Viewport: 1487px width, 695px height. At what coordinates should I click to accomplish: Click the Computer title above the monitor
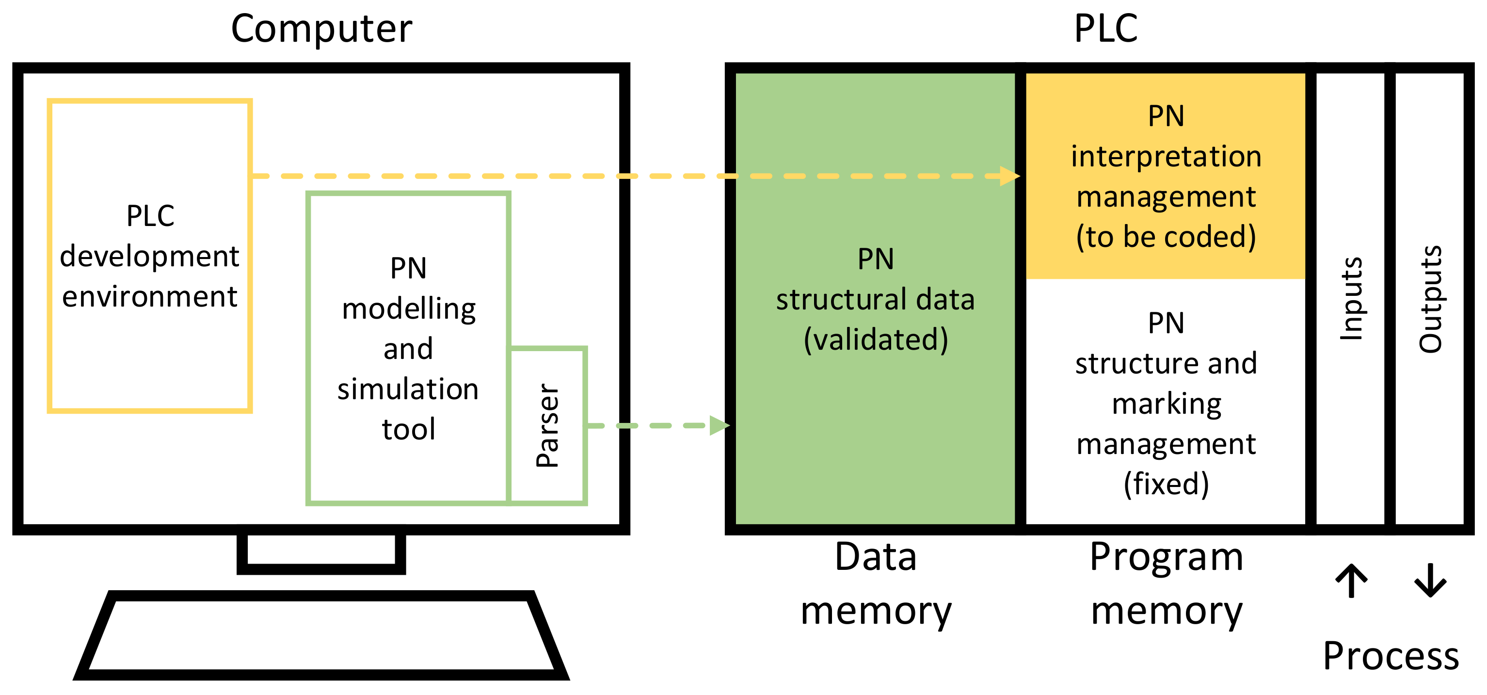pyautogui.click(x=321, y=29)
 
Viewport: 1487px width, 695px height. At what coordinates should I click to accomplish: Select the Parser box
pyautogui.click(x=547, y=425)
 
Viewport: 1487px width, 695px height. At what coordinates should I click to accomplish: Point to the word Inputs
pyautogui.click(x=1351, y=299)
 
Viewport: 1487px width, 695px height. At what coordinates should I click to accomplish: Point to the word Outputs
pyautogui.click(x=1430, y=299)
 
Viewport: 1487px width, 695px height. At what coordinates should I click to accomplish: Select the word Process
pyautogui.click(x=1391, y=656)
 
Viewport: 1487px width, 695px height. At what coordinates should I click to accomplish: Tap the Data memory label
pyautogui.click(x=876, y=584)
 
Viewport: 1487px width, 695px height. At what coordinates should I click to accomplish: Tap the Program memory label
pyautogui.click(x=1166, y=584)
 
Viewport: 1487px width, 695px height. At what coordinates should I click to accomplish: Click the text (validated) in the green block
pyautogui.click(x=876, y=339)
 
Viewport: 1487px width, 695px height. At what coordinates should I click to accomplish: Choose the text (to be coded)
pyautogui.click(x=1166, y=237)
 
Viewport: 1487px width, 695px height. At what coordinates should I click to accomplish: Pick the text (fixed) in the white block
pyautogui.click(x=1166, y=484)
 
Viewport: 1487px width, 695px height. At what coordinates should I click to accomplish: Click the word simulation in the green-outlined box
pyautogui.click(x=408, y=389)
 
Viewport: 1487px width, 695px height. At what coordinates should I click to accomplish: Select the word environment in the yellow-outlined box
pyautogui.click(x=149, y=297)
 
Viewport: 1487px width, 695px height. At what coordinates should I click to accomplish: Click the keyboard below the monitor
pyautogui.click(x=321, y=635)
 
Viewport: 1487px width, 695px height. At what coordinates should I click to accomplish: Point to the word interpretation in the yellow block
pyautogui.click(x=1166, y=157)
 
